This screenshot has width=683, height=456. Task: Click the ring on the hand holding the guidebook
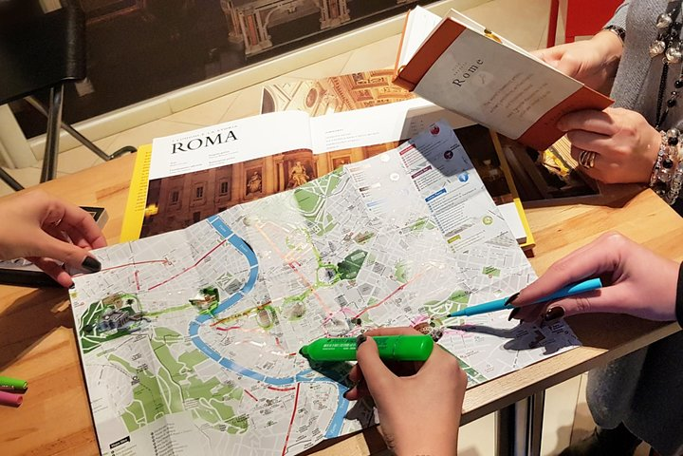click(x=587, y=159)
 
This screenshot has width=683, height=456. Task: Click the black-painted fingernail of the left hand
click(x=91, y=264)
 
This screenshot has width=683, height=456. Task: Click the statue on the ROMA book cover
click(x=298, y=175)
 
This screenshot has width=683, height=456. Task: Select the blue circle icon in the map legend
click(x=464, y=177)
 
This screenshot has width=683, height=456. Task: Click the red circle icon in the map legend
click(x=434, y=129)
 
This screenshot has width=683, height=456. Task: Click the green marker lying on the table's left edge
click(x=12, y=384)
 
